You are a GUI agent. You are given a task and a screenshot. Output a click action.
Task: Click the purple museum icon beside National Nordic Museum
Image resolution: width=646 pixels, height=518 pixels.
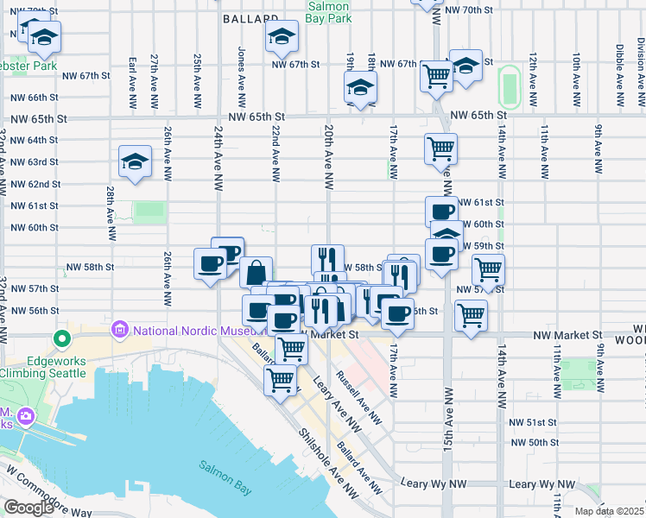coord(119,330)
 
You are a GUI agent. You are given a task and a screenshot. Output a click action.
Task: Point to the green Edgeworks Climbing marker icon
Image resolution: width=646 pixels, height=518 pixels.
coord(60,339)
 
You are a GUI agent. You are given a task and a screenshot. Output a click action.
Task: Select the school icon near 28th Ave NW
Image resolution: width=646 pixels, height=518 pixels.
coord(135,161)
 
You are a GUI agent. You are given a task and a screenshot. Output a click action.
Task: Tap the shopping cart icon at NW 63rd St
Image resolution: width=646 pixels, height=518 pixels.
coord(440,148)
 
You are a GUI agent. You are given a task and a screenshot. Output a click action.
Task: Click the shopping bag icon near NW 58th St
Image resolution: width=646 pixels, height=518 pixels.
coord(256,272)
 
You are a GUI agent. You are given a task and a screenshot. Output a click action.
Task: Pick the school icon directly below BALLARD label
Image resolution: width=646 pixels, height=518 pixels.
coord(281,36)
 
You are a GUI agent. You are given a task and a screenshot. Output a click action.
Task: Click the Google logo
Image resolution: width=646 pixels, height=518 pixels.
coord(28,508)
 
